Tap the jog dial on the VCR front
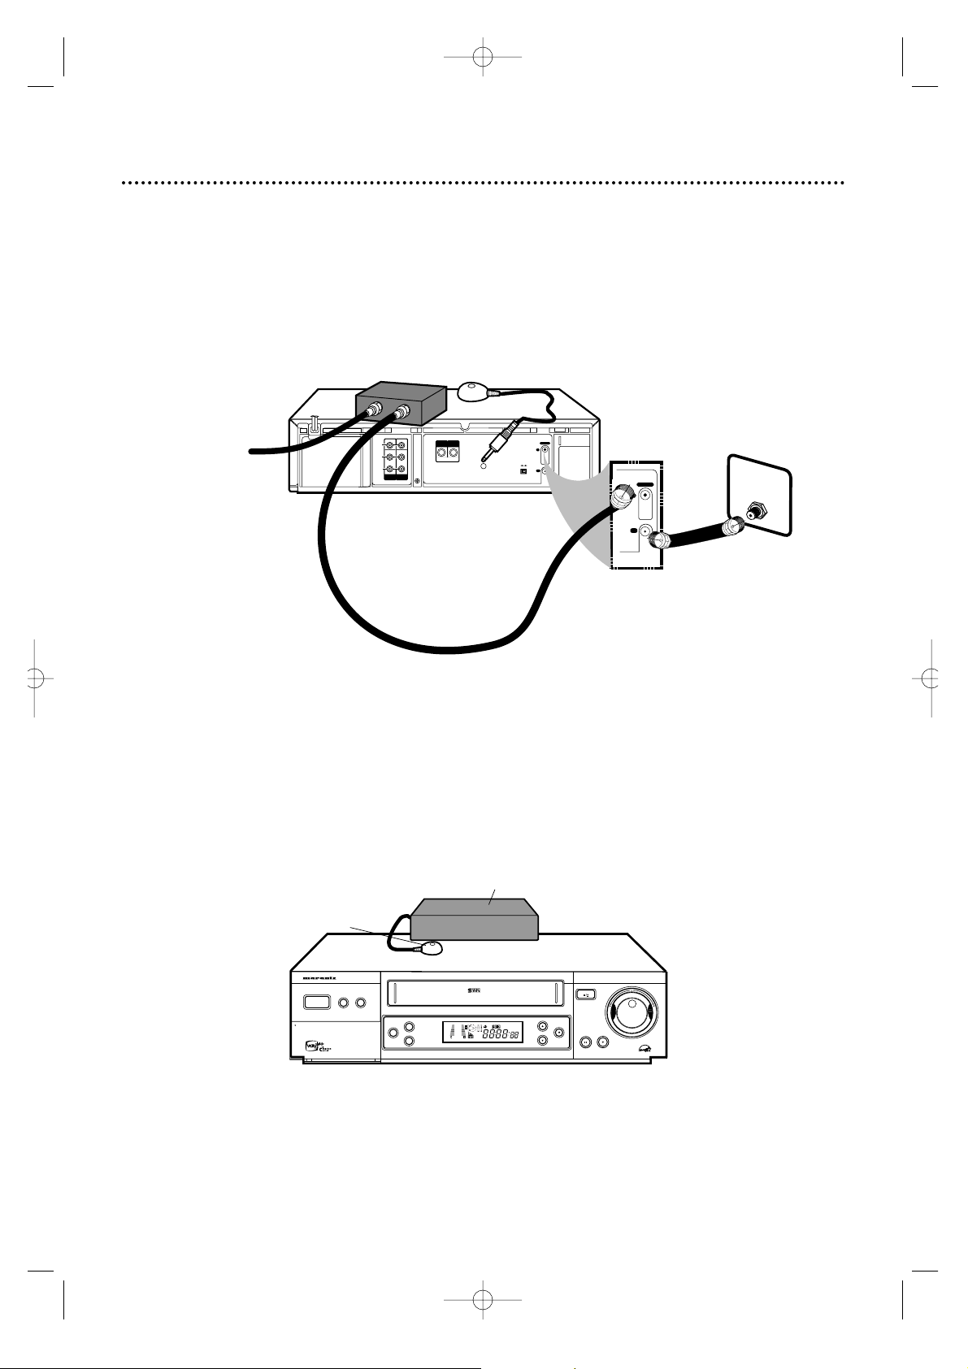pos(632,1014)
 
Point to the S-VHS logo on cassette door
pos(475,991)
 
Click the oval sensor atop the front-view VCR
pos(429,947)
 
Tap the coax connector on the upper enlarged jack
pos(623,495)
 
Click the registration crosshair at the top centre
pos(484,58)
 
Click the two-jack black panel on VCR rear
pos(449,449)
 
